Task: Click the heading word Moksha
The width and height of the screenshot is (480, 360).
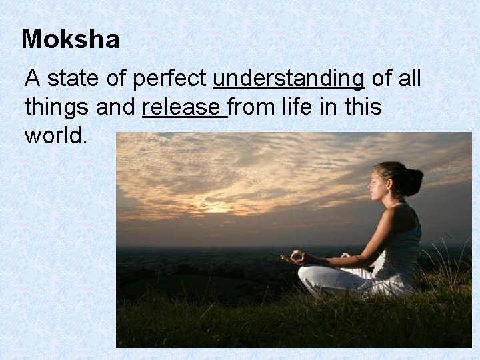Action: click(x=71, y=39)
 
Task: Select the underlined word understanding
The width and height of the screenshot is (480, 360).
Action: click(x=289, y=79)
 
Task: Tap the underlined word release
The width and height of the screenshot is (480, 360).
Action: click(x=183, y=107)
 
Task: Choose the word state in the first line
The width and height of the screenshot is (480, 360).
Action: click(x=73, y=79)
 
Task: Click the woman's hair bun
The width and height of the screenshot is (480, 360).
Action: click(x=415, y=180)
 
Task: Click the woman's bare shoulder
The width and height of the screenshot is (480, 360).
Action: click(x=404, y=217)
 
